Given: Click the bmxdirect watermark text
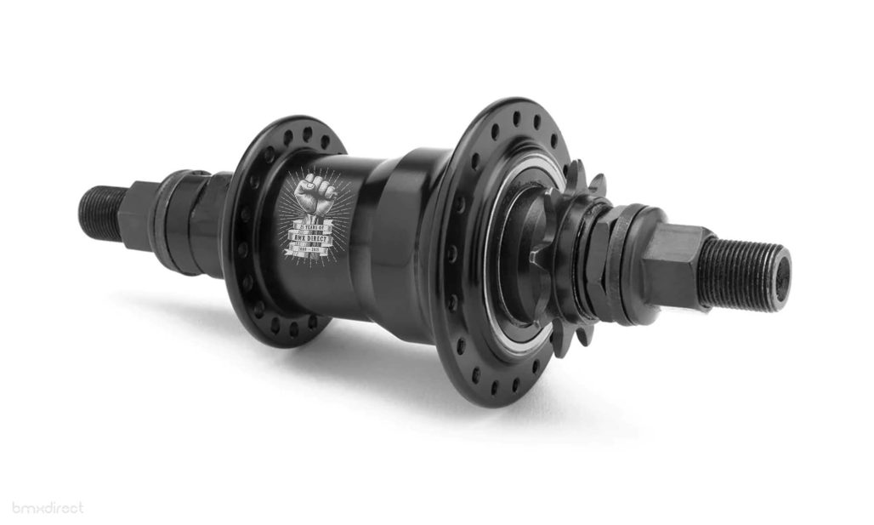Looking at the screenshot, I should tap(48, 508).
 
